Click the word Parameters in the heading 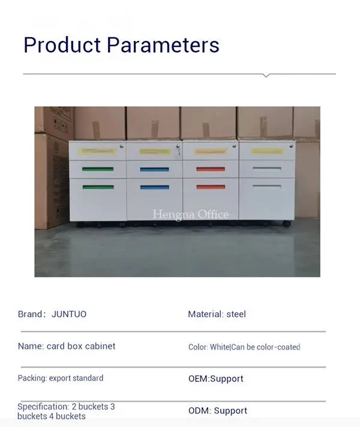click(163, 45)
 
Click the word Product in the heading click(62, 44)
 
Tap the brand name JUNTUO click(69, 314)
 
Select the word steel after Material click(236, 314)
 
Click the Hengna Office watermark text click(191, 214)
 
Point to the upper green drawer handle click(98, 169)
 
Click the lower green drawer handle click(98, 187)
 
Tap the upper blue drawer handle click(155, 169)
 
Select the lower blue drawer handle click(155, 187)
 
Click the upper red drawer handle click(211, 169)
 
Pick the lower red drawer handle click(211, 187)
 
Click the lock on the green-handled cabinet click(121, 147)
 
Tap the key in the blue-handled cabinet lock click(179, 149)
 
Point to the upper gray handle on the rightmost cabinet click(267, 169)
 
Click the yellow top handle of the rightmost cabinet click(268, 151)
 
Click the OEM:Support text click(216, 378)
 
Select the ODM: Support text click(218, 410)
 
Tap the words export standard click(76, 378)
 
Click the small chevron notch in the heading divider click(266, 75)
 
